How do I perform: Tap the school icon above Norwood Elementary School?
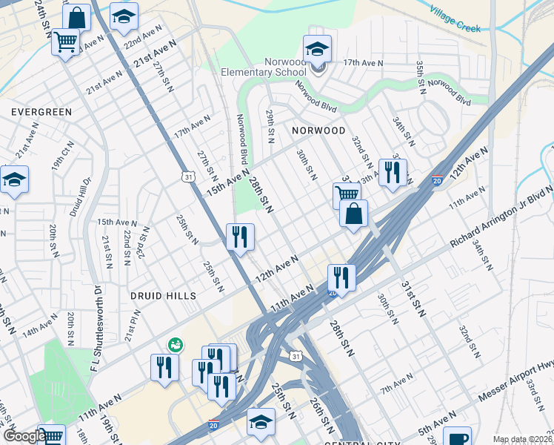(x=317, y=50)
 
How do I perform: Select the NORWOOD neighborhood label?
(x=318, y=130)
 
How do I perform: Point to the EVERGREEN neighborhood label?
(x=41, y=112)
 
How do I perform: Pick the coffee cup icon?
(x=459, y=438)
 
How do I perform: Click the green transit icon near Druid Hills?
(x=176, y=344)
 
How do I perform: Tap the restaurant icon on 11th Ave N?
(x=341, y=278)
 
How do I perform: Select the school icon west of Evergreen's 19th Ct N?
(x=14, y=181)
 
